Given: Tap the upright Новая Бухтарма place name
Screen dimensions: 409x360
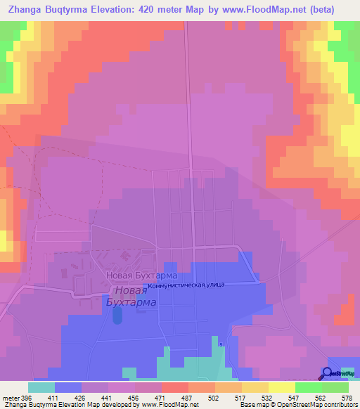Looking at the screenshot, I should (x=141, y=276).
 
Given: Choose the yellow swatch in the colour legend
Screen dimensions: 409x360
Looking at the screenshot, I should (x=281, y=387).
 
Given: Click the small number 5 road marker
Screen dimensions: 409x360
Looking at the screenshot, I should (x=220, y=344).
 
